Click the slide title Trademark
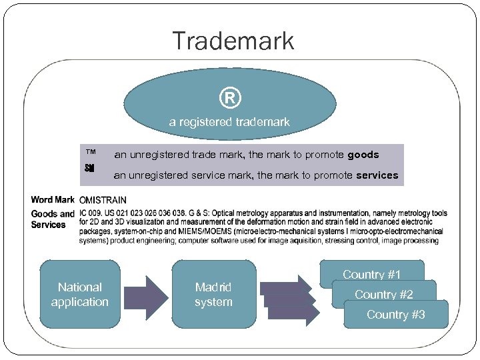point(233,41)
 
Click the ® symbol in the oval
point(229,99)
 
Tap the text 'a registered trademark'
point(229,122)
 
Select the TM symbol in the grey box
point(90,153)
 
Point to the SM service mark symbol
point(90,169)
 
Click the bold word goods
point(363,155)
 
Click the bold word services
point(377,175)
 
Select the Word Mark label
point(53,199)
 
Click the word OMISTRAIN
point(103,200)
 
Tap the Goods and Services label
point(53,219)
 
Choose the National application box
point(80,295)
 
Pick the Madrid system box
point(213,295)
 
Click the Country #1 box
point(371,274)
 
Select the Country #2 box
point(383,294)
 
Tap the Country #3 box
point(395,315)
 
